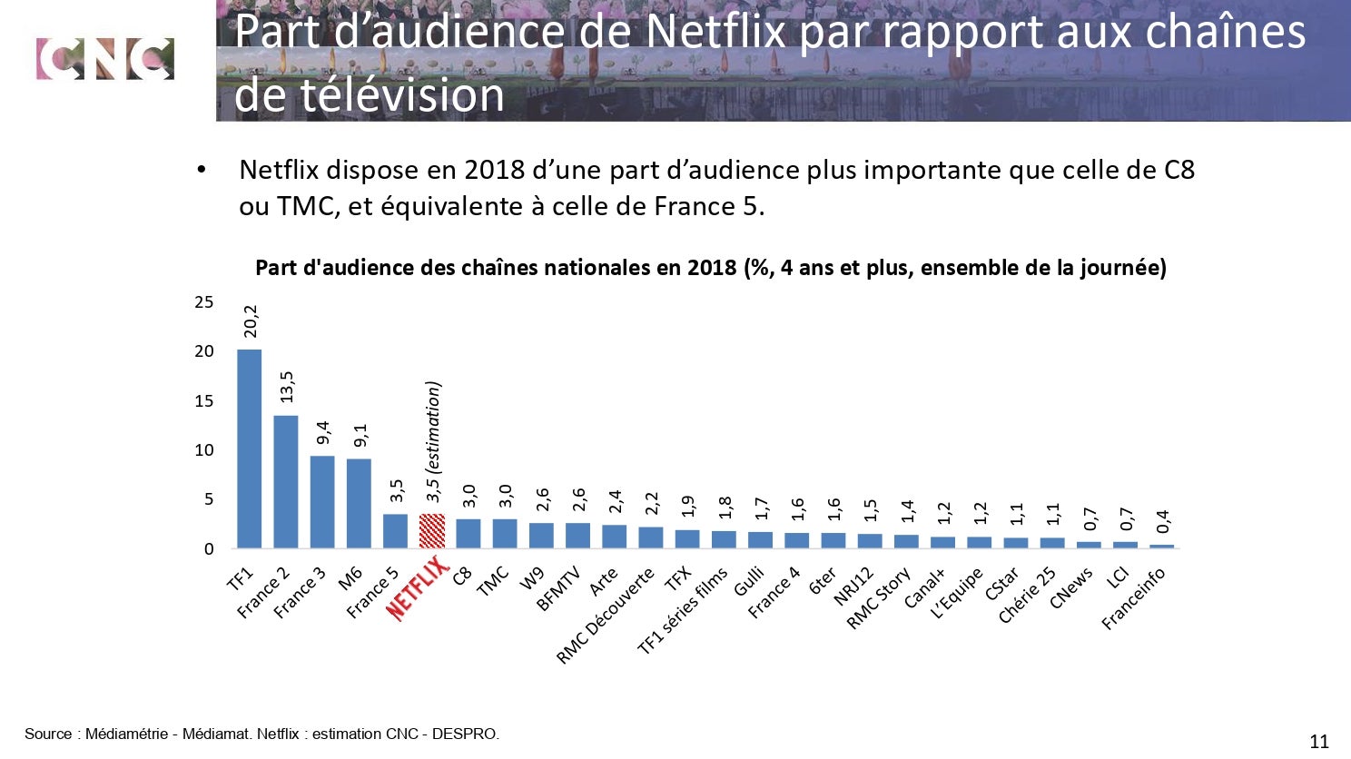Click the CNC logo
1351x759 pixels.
click(104, 59)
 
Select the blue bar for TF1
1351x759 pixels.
click(249, 448)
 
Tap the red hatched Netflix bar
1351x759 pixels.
click(432, 531)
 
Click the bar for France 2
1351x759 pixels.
click(286, 481)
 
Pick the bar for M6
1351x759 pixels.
click(359, 503)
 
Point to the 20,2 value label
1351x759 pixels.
click(251, 321)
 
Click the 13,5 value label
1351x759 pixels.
click(287, 387)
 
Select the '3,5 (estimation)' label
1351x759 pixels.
click(433, 441)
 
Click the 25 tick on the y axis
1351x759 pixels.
click(204, 302)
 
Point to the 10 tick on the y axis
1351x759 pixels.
click(204, 450)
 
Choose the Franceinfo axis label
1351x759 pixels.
click(1134, 598)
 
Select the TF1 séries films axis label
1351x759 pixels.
click(683, 611)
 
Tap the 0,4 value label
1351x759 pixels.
click(1163, 521)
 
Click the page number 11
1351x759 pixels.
click(1319, 741)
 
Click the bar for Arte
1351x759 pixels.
click(615, 536)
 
